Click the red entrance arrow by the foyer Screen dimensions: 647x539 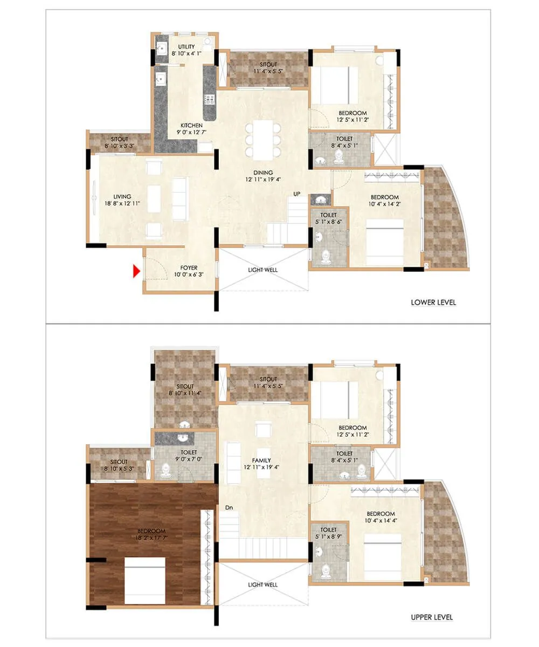(x=137, y=271)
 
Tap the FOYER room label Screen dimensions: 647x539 (x=189, y=267)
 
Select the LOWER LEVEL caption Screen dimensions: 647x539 (x=433, y=302)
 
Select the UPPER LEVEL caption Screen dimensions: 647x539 (x=433, y=617)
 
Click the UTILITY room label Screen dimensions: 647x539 (x=186, y=47)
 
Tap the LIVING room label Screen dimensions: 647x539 (x=122, y=197)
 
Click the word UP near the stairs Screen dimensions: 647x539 (x=297, y=194)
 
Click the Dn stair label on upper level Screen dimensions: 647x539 (x=229, y=507)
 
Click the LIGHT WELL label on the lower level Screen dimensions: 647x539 (x=262, y=270)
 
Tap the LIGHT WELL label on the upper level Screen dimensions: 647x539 (x=262, y=584)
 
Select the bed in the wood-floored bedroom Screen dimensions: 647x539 (x=144, y=581)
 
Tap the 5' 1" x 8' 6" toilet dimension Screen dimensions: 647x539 (x=328, y=221)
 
